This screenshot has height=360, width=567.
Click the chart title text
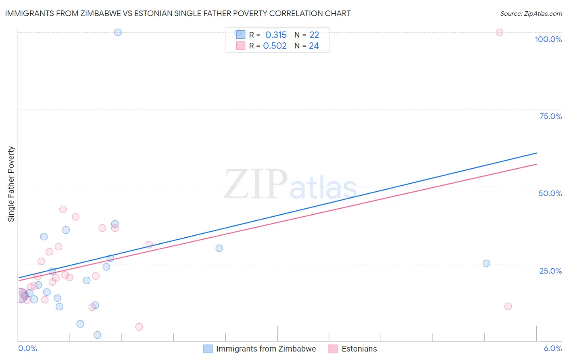tap(178, 13)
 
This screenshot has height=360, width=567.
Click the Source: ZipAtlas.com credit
tap(531, 13)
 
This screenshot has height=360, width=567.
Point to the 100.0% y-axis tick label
tap(548, 39)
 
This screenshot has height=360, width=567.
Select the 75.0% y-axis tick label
tap(550, 116)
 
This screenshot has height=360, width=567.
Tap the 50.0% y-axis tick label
tap(550, 193)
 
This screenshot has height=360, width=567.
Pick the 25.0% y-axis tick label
tap(550, 270)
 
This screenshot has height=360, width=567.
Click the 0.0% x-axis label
tap(27, 348)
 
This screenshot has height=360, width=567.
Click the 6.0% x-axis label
tap(552, 348)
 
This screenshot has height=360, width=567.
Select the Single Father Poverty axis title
tap(11, 184)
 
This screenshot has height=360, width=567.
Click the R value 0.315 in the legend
tap(276, 35)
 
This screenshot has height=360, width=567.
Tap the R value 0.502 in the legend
tap(275, 46)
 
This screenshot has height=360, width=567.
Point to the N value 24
tap(314, 46)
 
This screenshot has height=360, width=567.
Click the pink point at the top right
tap(499, 32)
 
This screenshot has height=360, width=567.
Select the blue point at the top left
tap(118, 32)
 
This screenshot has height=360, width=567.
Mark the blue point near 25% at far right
tap(486, 264)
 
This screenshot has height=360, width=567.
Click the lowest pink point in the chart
tap(139, 327)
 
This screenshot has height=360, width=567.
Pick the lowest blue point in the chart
tap(97, 335)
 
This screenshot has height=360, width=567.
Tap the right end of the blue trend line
tap(536, 153)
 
